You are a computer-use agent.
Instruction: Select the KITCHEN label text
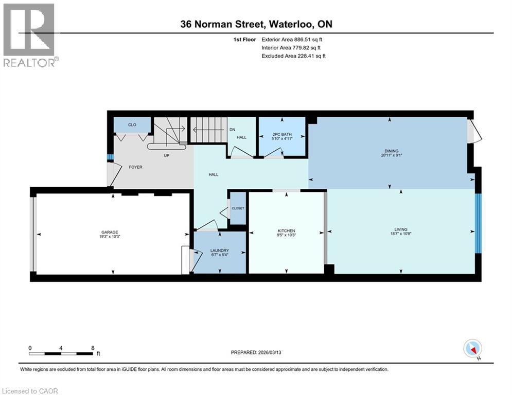tap(286, 230)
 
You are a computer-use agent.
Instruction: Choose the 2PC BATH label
tap(281, 135)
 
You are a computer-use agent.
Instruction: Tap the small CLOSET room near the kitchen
tap(238, 208)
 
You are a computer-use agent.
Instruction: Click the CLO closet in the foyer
tap(132, 124)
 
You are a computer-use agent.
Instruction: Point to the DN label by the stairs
tap(232, 129)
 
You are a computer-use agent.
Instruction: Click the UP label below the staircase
tap(166, 155)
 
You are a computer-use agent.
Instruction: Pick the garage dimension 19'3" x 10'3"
tap(111, 237)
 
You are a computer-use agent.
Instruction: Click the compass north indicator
tap(472, 349)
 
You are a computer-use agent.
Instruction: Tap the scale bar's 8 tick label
tap(92, 348)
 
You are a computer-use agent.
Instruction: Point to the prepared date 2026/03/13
tap(278, 352)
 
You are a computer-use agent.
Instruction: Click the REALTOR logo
tap(29, 34)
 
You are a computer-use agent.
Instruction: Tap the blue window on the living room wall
tap(478, 223)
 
